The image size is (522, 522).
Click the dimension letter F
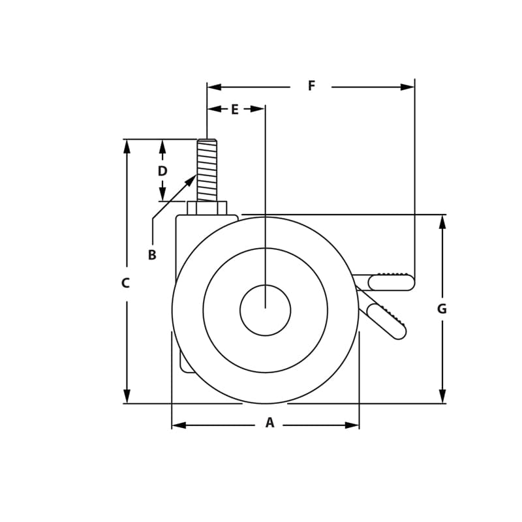click(x=311, y=86)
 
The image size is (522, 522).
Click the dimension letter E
click(x=234, y=110)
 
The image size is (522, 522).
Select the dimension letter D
click(x=162, y=172)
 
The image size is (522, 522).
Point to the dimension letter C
click(x=125, y=284)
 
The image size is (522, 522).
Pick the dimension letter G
click(x=442, y=309)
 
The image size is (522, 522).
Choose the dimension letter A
click(x=269, y=423)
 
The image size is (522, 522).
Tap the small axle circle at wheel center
click(x=265, y=311)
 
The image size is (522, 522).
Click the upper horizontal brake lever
click(x=391, y=283)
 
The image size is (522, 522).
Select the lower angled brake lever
click(x=386, y=322)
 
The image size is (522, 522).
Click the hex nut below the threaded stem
click(x=207, y=208)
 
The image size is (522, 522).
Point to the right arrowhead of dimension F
click(x=408, y=87)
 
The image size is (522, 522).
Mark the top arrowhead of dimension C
click(x=127, y=146)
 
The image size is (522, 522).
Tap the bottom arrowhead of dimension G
click(x=442, y=396)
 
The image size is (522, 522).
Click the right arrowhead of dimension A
click(x=352, y=425)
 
